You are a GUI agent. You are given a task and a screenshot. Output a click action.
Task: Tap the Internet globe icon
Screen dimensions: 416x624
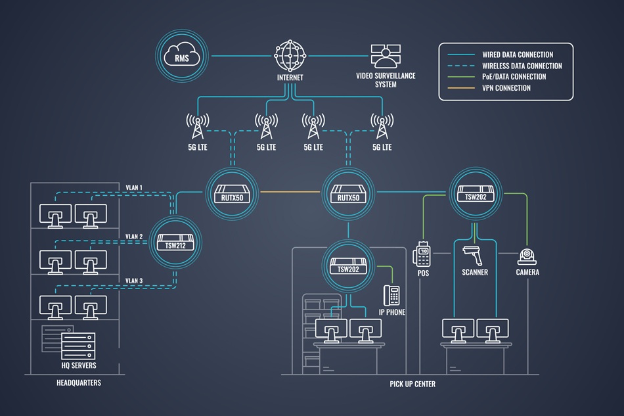click(x=290, y=56)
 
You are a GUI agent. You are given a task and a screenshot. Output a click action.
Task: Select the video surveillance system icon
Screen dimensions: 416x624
click(x=385, y=57)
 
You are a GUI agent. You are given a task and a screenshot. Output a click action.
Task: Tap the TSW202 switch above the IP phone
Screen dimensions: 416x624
click(x=348, y=264)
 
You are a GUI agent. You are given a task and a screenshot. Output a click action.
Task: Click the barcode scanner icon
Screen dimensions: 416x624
click(x=474, y=254)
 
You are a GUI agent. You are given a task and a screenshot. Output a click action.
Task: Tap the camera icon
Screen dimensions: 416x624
click(x=527, y=257)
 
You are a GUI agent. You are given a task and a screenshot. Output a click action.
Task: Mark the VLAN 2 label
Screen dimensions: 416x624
click(x=134, y=235)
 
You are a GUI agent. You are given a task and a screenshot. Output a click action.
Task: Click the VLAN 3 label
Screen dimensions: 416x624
click(x=134, y=281)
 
